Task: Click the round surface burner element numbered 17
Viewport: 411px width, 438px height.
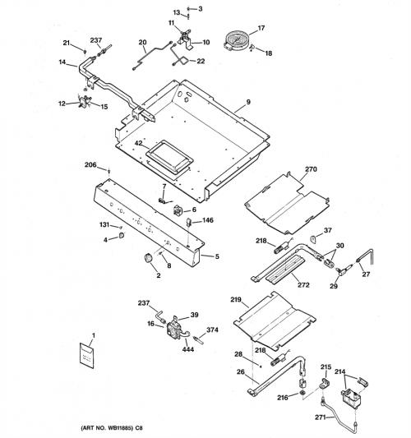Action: click(236, 41)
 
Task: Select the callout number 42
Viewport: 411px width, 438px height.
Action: click(139, 143)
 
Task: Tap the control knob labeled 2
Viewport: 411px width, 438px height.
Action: click(147, 257)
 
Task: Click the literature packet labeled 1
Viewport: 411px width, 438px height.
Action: click(87, 355)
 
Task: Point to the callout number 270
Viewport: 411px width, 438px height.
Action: click(311, 169)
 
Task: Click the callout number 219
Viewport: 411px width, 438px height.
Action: click(236, 299)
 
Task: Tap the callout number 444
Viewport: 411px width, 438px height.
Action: click(187, 349)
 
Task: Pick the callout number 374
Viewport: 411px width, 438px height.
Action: click(212, 330)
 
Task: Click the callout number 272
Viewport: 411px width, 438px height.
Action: click(303, 284)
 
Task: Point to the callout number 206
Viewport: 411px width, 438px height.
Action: click(90, 165)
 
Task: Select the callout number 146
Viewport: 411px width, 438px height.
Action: click(208, 220)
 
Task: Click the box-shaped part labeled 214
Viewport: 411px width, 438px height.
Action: click(351, 398)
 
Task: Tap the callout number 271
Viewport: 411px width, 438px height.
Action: click(321, 417)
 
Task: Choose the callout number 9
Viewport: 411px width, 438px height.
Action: click(248, 102)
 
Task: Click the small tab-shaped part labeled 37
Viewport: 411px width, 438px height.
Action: click(313, 239)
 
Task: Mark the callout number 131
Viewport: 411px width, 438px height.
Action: click(104, 224)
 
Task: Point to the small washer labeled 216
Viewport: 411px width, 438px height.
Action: click(302, 393)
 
